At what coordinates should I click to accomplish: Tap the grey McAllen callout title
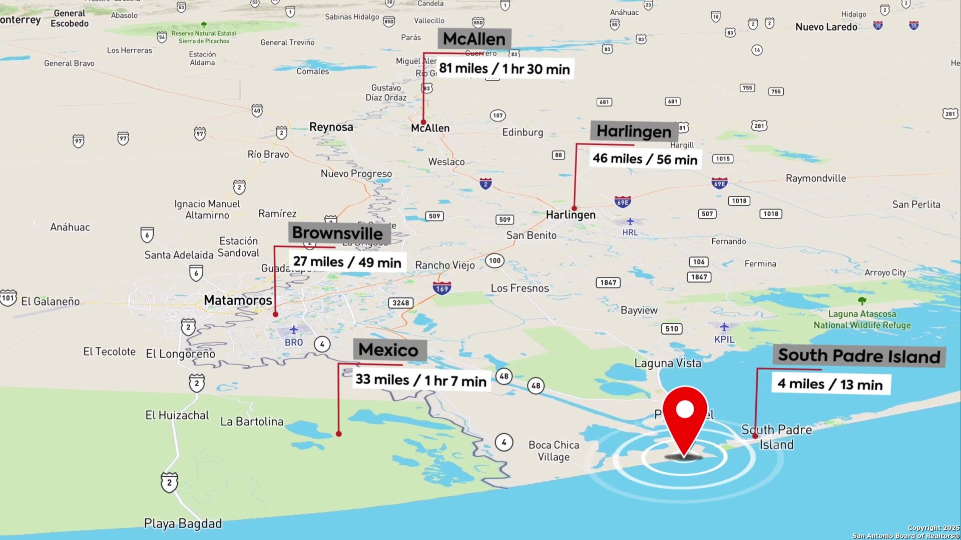[474, 38]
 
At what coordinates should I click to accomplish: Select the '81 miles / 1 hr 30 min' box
[504, 68]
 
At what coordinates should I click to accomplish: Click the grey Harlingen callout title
[634, 131]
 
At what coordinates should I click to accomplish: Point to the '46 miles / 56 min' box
[645, 159]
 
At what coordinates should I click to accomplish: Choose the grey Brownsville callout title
[337, 233]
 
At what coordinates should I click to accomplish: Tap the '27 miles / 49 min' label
[347, 262]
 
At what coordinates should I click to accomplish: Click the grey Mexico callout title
[388, 349]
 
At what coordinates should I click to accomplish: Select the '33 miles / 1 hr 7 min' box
[420, 380]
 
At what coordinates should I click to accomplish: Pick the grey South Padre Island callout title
[859, 356]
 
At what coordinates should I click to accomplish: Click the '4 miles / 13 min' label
[830, 384]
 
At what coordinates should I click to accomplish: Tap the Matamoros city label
[238, 300]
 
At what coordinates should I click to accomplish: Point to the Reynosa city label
[331, 127]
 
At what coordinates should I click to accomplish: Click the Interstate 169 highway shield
[442, 288]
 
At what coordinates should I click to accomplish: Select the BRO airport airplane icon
[294, 330]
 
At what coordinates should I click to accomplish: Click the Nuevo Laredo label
[826, 27]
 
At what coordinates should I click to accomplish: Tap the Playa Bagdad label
[183, 523]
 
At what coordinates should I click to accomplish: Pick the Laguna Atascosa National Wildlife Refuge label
[862, 319]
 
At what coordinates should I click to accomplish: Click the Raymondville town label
[815, 178]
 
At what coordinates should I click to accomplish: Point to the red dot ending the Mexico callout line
[339, 434]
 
